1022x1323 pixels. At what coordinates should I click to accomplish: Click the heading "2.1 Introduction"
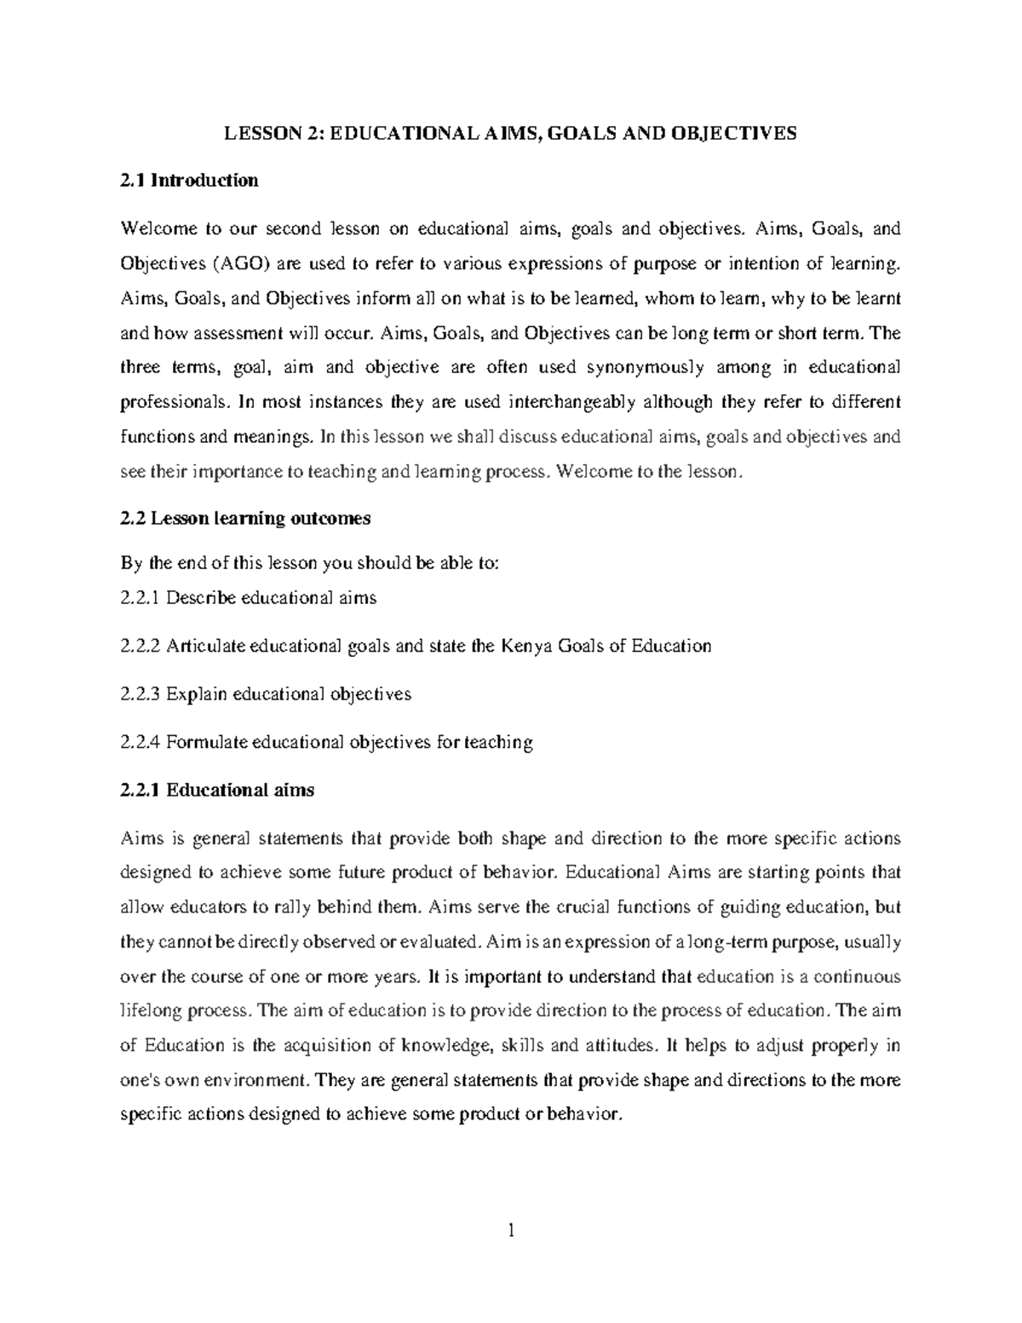[x=189, y=181]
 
